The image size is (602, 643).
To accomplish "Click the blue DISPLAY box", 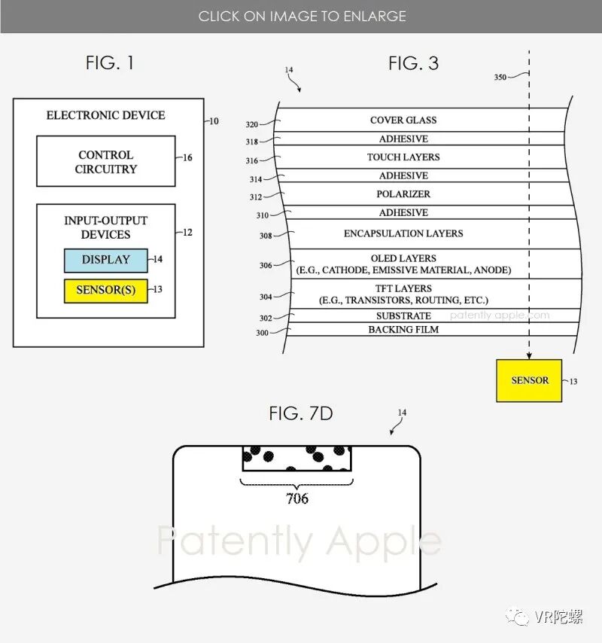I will click(106, 260).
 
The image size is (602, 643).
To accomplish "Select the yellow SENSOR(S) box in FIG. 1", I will click(106, 290).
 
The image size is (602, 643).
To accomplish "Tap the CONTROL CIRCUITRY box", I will click(106, 162).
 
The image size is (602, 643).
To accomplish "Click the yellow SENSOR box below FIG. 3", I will click(529, 380).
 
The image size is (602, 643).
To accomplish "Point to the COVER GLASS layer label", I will click(403, 120).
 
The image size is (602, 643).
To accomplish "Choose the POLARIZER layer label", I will click(403, 194).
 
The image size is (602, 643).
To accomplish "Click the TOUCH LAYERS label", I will click(403, 157).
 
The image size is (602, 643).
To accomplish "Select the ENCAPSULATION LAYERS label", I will click(403, 233).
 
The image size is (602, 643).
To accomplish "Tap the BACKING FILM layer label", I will click(403, 330).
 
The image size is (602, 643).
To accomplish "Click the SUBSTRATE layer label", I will click(403, 316).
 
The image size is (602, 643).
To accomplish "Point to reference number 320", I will click(252, 125).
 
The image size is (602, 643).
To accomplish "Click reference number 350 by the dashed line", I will click(500, 78).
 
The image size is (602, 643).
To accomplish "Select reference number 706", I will click(297, 498).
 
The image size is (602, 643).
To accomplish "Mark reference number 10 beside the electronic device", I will click(214, 121).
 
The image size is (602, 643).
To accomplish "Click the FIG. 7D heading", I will click(301, 413).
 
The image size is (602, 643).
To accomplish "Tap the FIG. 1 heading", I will click(110, 63).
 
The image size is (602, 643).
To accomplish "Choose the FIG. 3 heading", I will click(413, 63).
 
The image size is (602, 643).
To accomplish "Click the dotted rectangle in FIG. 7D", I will click(297, 459).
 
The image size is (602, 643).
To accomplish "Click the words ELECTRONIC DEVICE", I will click(106, 115).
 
